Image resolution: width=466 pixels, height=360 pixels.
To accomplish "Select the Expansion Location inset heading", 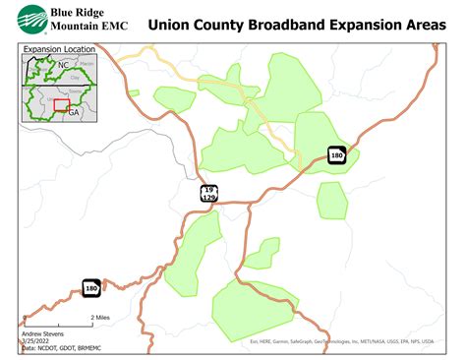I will [x=54, y=47].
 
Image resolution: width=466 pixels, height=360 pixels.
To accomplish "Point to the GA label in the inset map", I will [x=74, y=111].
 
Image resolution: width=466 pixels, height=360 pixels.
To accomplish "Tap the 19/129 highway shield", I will [x=209, y=193].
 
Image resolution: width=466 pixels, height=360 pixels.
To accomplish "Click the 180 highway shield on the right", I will [x=336, y=154].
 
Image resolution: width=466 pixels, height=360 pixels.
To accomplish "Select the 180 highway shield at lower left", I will [x=91, y=287].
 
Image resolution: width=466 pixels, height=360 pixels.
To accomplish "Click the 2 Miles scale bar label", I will [x=99, y=318].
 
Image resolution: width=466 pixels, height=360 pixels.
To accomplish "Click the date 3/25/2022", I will [x=35, y=341].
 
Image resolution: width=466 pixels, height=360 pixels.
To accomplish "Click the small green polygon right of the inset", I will [x=133, y=94].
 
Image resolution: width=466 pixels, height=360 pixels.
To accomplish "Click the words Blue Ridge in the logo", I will [x=78, y=12].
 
